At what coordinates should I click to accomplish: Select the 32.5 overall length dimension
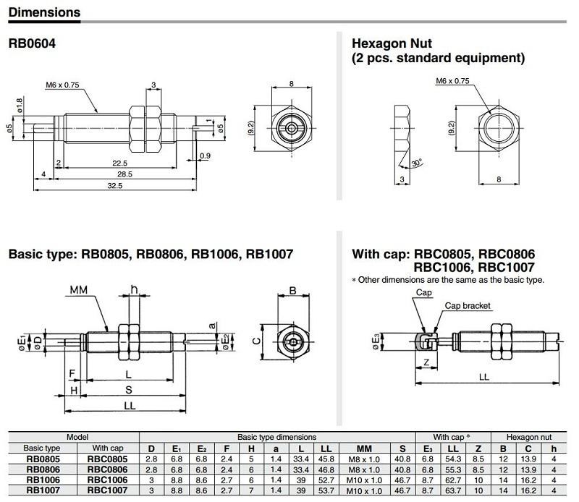pos(115,186)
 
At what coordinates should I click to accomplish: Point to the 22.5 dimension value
pos(119,163)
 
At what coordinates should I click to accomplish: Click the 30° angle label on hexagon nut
pos(417,163)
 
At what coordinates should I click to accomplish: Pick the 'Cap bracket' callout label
pos(468,306)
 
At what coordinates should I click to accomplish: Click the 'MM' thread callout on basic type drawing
pos(79,290)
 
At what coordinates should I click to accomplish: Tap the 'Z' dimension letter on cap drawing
pos(428,362)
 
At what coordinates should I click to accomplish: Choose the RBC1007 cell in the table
pos(108,491)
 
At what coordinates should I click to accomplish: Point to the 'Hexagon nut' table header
pos(528,437)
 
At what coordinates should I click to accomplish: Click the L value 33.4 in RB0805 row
pos(302,459)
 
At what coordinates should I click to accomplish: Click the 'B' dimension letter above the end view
pos(292,291)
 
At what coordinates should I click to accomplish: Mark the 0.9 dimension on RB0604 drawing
pos(205,156)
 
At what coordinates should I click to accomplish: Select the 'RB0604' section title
pos(32,43)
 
